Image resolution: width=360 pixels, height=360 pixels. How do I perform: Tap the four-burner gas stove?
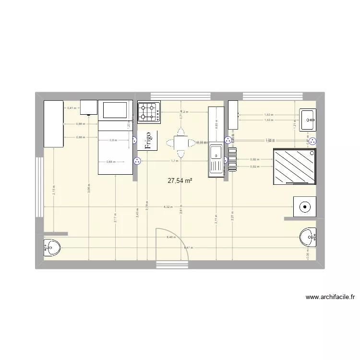click(149, 112)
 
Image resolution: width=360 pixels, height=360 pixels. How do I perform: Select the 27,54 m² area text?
click(180, 181)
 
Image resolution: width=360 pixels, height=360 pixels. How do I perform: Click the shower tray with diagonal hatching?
click(295, 167)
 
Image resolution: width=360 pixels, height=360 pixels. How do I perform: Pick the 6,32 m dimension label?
click(168, 207)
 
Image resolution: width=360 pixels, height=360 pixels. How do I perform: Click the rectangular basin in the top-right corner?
click(307, 119)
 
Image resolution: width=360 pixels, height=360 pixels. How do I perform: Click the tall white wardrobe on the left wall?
click(54, 123)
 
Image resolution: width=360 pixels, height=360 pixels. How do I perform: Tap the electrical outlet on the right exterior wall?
click(312, 141)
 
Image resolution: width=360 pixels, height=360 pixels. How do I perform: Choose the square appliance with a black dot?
click(305, 207)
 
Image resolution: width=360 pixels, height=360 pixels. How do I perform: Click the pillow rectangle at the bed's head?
click(115, 110)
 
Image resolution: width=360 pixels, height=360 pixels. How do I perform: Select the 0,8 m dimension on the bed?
click(113, 140)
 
